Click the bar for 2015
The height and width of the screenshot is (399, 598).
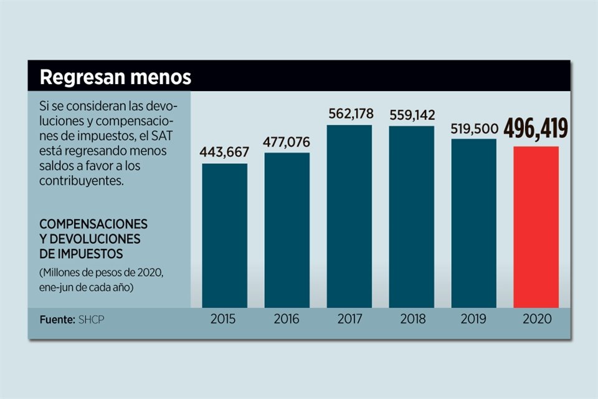(x=224, y=236)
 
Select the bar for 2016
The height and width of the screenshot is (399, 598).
(x=287, y=230)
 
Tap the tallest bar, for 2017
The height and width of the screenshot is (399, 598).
(x=349, y=216)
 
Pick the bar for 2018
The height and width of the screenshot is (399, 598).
(x=411, y=217)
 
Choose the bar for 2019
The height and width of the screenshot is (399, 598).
(x=473, y=223)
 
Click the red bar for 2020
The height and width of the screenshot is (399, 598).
(x=536, y=227)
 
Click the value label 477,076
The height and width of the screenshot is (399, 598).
(x=287, y=141)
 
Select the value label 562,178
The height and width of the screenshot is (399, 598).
(x=351, y=113)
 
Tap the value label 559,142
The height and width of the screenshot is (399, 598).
(x=412, y=115)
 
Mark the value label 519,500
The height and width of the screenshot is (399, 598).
(x=473, y=129)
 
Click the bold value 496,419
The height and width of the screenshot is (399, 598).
(x=536, y=129)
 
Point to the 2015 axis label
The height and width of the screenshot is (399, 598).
(x=223, y=319)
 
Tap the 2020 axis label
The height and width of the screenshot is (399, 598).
(x=537, y=319)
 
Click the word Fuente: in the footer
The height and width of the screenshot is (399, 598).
(x=57, y=319)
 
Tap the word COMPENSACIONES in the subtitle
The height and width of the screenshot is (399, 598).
(x=93, y=224)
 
